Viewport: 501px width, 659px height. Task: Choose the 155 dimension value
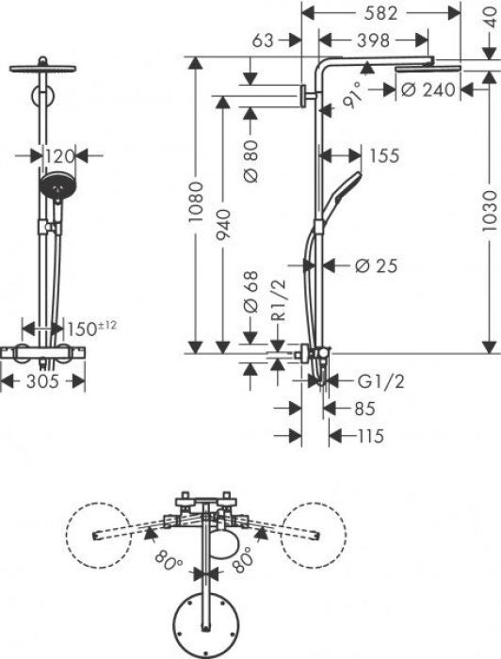(382, 156)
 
